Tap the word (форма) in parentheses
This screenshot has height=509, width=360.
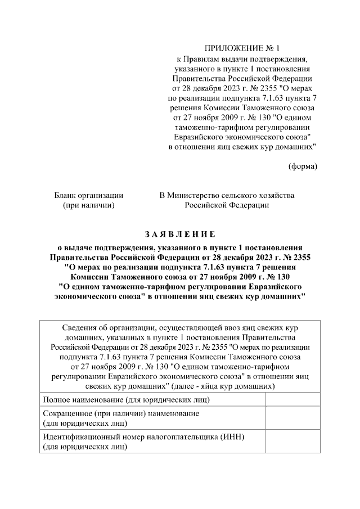click(303, 166)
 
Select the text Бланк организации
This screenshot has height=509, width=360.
click(89, 195)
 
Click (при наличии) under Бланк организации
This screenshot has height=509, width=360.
click(89, 205)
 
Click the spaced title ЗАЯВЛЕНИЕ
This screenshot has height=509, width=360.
click(179, 233)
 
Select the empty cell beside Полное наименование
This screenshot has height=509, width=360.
click(292, 400)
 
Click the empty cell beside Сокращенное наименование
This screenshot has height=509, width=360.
click(292, 418)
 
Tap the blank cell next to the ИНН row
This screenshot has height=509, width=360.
click(292, 442)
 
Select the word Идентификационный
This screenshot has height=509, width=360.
click(82, 437)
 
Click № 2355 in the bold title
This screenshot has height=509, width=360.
click(295, 257)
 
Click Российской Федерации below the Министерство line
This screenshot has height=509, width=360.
click(227, 205)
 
